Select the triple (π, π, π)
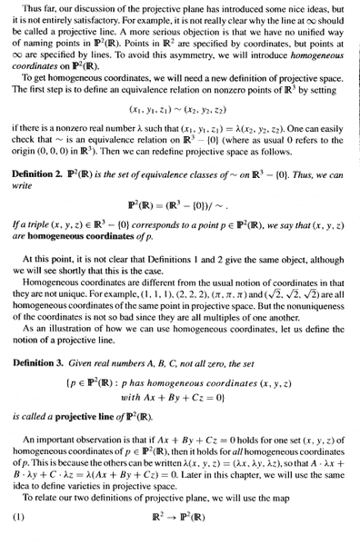pyautogui.click(x=240, y=311)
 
